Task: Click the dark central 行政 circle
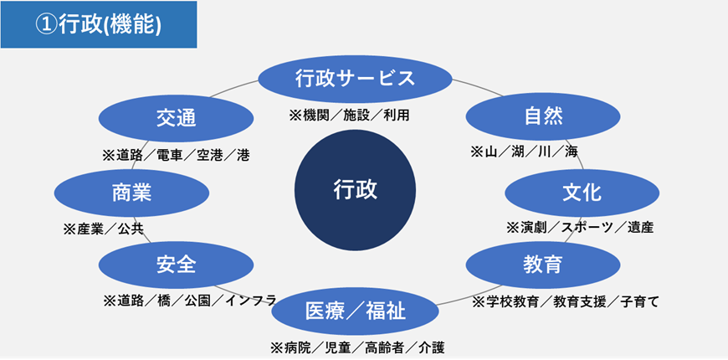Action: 355,190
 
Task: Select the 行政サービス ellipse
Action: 355,80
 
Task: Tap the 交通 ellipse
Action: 175,118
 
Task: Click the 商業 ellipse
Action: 131,193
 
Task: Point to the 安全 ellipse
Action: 176,265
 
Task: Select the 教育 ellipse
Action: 542,265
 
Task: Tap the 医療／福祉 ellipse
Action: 355,312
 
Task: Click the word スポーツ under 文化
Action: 587,227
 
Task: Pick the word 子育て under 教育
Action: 640,300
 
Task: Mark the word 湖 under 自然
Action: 516,152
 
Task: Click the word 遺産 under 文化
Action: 640,227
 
